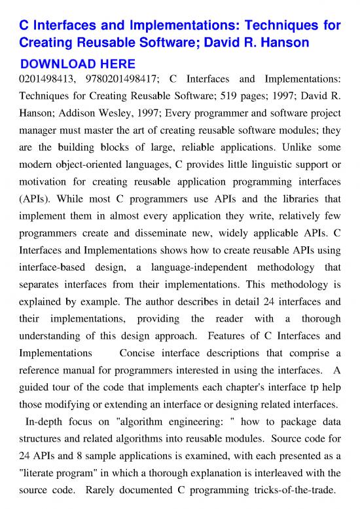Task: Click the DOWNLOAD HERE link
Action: pos(78,64)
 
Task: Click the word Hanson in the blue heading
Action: pos(297,45)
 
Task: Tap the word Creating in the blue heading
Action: pos(48,45)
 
